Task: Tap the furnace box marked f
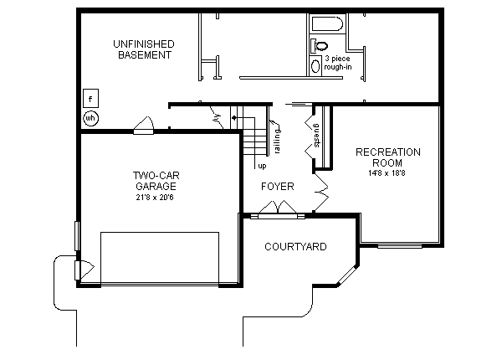click(90, 99)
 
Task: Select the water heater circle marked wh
click(90, 118)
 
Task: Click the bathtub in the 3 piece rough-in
click(325, 23)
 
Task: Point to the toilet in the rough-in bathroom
click(321, 45)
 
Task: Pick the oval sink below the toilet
click(315, 66)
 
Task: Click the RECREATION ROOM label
click(387, 157)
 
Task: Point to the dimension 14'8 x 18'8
click(387, 173)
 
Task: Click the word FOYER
click(277, 186)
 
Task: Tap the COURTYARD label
click(295, 247)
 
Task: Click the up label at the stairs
click(261, 166)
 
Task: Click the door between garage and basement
click(143, 127)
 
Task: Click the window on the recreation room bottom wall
click(400, 246)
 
